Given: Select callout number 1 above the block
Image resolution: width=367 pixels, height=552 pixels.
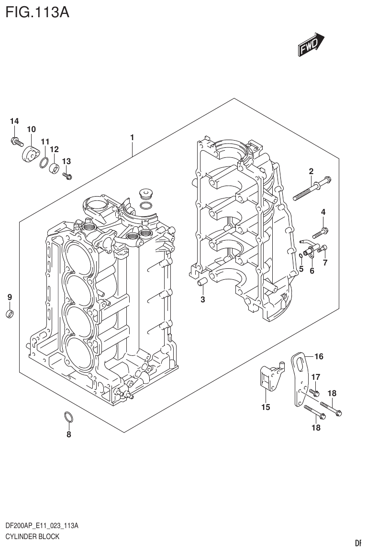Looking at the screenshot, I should [x=132, y=138].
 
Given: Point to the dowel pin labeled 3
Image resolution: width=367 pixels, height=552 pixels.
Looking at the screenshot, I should [x=202, y=284].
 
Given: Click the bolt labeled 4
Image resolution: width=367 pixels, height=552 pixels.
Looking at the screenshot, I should [x=320, y=233].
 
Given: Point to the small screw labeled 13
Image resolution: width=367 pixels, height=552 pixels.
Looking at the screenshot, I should [x=67, y=176].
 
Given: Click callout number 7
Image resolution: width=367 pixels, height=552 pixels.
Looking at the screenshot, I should [x=325, y=262].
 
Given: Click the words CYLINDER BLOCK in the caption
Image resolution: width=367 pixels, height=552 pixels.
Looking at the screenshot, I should [x=32, y=536].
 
